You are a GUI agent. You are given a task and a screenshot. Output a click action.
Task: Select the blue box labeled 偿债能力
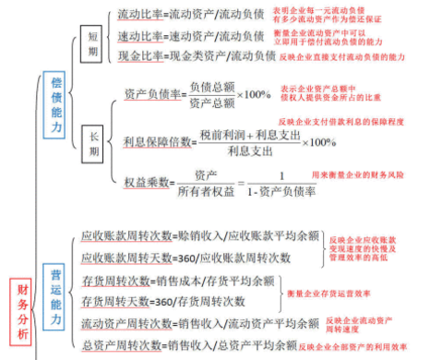[56, 103]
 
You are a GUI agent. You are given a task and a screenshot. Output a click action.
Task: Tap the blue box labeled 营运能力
[57, 293]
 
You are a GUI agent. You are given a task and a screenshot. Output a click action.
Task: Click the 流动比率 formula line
[190, 15]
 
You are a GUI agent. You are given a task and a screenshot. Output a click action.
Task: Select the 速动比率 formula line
[190, 35]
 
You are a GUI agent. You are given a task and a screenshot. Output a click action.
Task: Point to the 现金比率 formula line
[197, 56]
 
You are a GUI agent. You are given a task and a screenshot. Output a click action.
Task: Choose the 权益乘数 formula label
[145, 183]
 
